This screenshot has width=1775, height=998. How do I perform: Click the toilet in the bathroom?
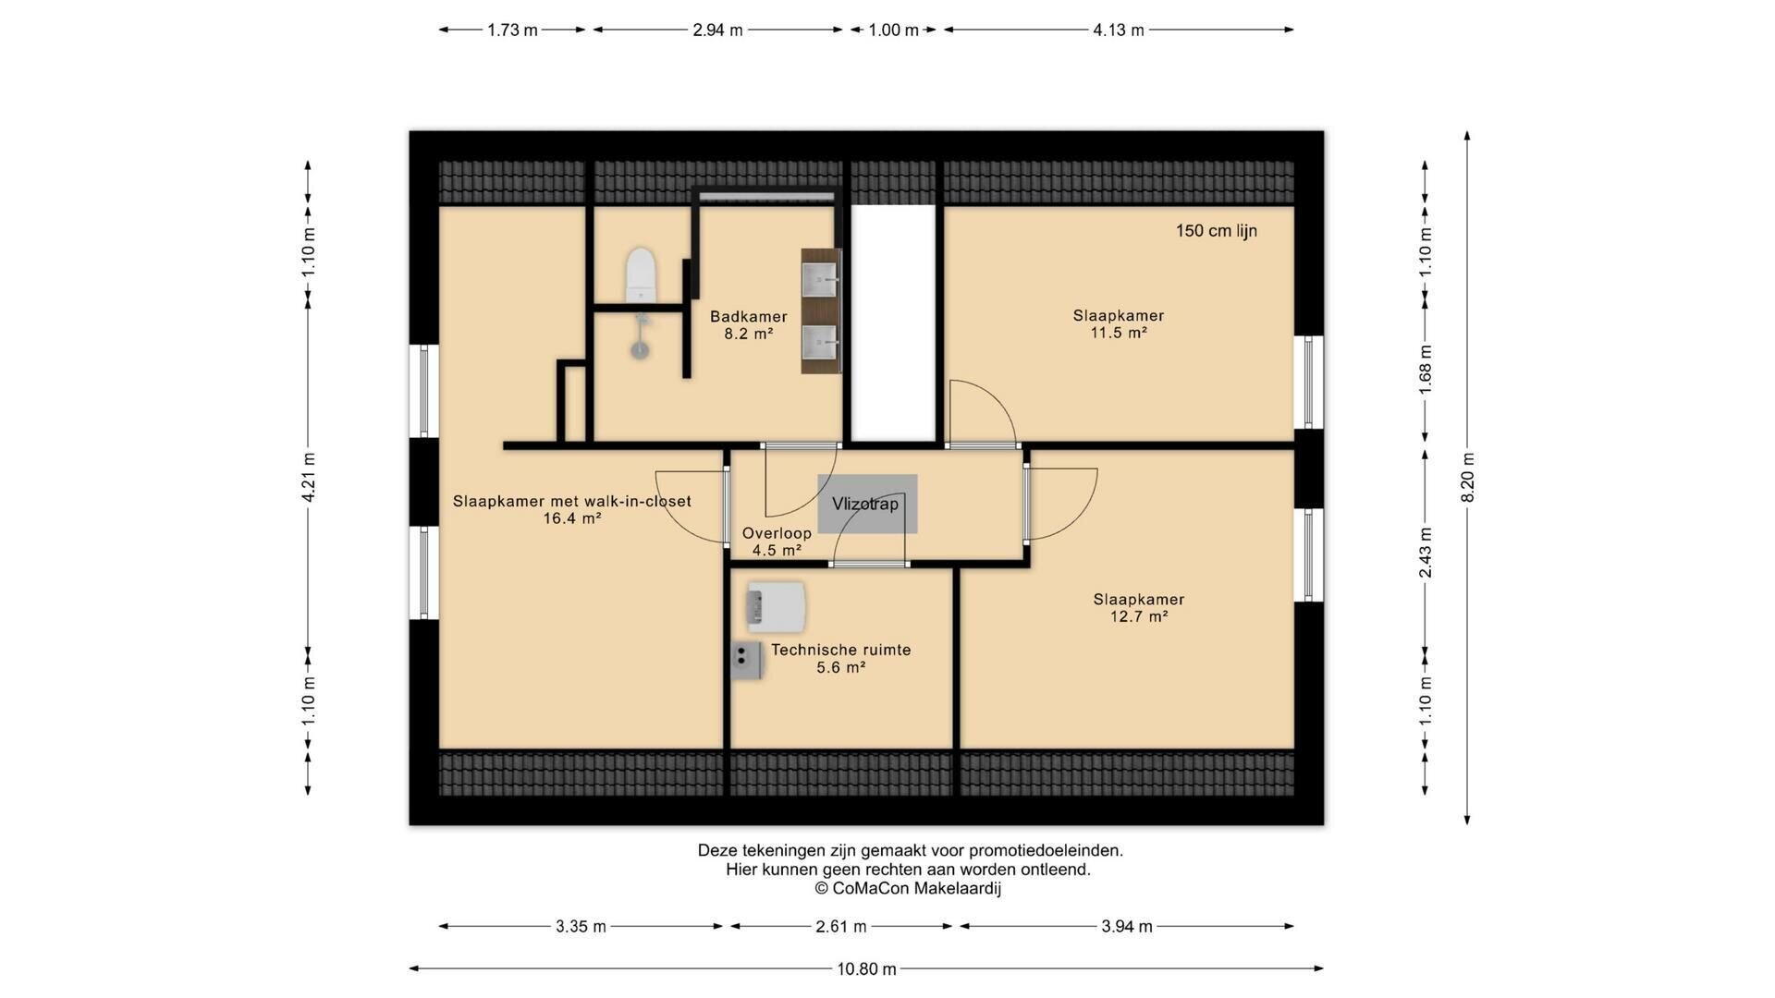point(641,274)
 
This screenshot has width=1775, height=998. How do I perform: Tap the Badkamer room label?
point(749,317)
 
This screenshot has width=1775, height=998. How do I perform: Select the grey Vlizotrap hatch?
point(867,504)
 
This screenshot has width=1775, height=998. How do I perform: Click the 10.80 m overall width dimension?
point(866,968)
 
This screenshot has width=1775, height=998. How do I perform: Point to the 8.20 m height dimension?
point(1467,478)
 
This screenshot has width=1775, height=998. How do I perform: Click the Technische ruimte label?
point(841,650)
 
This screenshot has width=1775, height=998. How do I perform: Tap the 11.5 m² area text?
point(1119,333)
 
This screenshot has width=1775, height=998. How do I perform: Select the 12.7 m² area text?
point(1139,616)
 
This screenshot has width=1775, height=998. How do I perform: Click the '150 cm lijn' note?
point(1217,231)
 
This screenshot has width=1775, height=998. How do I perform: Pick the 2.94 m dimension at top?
point(717,30)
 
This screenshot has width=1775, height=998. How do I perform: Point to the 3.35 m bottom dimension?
point(581,926)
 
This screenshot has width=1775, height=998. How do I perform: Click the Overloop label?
point(777,533)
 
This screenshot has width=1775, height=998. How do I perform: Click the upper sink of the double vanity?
point(820,278)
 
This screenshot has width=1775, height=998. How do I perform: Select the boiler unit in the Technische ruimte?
point(777,605)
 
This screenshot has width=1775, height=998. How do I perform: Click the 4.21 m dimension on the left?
point(308,478)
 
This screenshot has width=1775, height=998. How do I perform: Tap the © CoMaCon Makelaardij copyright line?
point(908,889)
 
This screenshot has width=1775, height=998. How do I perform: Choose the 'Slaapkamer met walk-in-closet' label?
point(572,502)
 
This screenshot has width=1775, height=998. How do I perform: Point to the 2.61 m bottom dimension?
point(841,926)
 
